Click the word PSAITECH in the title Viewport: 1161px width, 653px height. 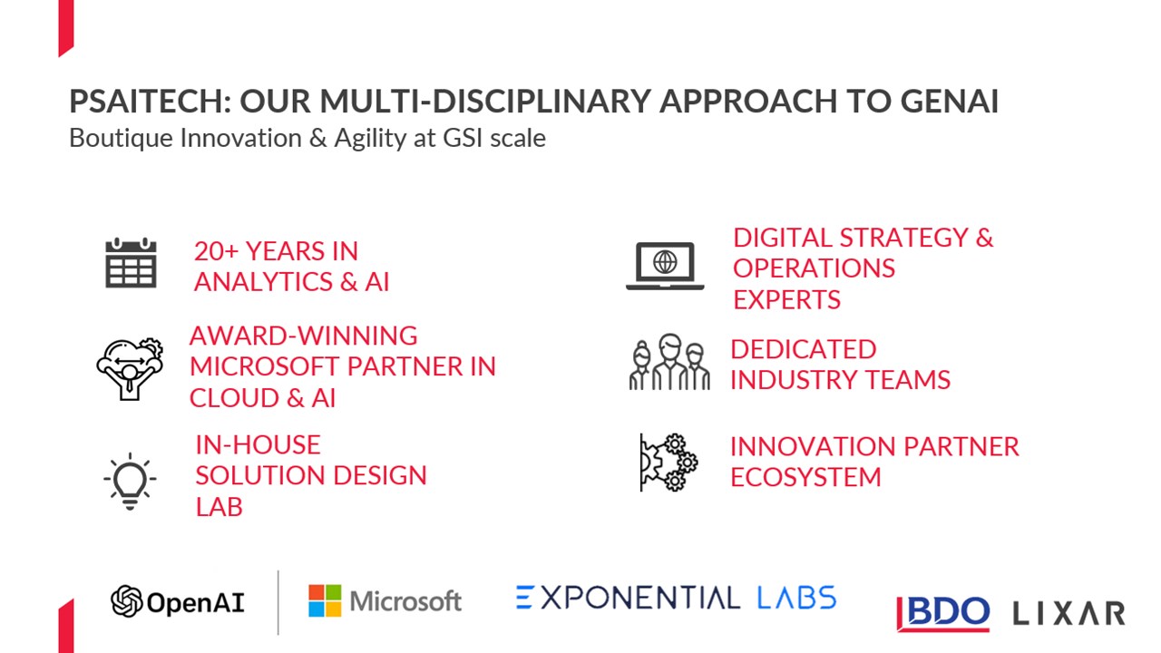[x=151, y=101]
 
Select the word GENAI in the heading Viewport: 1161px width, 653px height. [x=950, y=101]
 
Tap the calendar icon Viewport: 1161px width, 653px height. [x=131, y=263]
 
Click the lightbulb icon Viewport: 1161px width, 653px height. [x=130, y=481]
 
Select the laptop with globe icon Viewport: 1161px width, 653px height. [x=665, y=266]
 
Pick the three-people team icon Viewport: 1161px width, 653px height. [x=669, y=362]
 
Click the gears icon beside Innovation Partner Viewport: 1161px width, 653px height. [x=668, y=463]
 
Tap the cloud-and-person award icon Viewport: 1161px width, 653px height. [x=130, y=368]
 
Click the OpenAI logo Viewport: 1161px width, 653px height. [x=177, y=601]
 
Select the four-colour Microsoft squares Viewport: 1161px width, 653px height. [x=325, y=600]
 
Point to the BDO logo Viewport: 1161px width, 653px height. [x=942, y=614]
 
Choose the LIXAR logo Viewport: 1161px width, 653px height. [x=1068, y=614]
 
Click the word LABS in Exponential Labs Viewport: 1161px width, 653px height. [x=796, y=598]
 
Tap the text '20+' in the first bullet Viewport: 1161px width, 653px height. [x=216, y=251]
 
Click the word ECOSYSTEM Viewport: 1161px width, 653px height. [x=805, y=477]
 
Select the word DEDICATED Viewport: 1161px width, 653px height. [x=804, y=349]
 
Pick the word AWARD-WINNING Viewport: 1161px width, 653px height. [x=304, y=336]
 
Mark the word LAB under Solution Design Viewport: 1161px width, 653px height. [x=220, y=507]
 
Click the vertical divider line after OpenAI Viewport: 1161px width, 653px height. [x=278, y=603]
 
